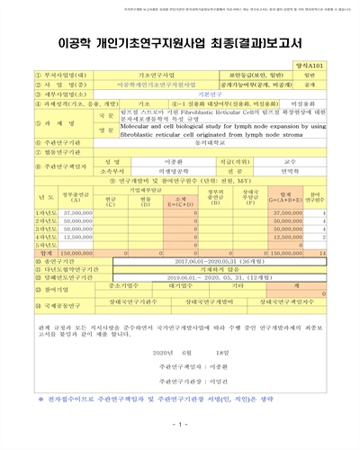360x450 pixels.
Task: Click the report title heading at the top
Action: (x=179, y=41)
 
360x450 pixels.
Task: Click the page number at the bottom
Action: (x=179, y=424)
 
